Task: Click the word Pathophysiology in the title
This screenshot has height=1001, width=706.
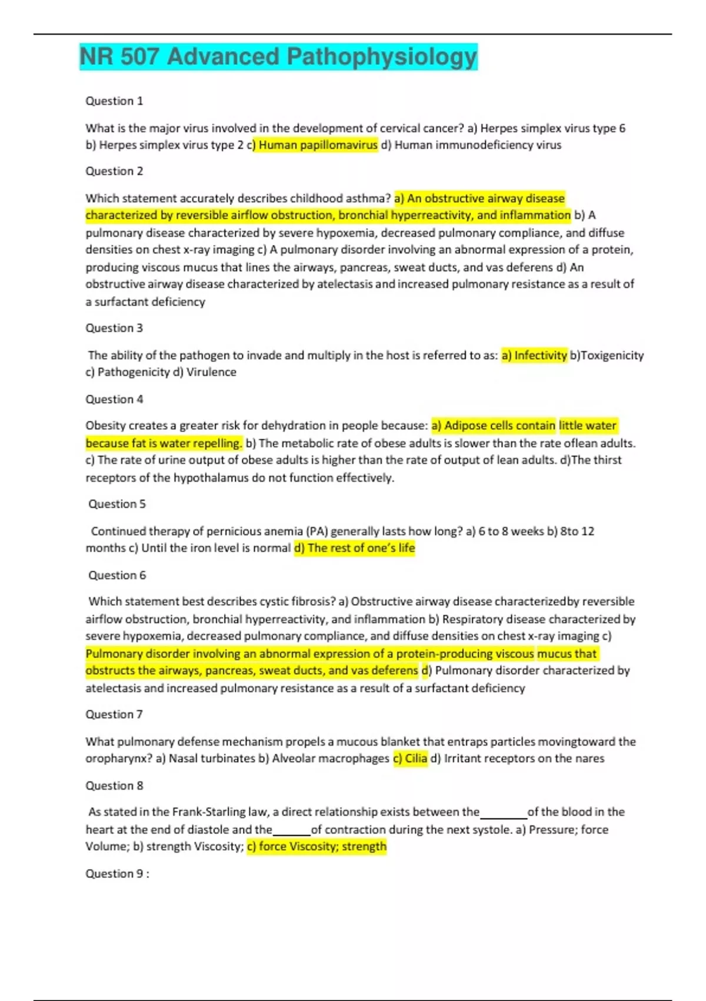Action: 381,57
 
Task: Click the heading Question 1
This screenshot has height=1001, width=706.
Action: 114,101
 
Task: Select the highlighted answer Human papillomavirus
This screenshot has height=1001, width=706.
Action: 318,145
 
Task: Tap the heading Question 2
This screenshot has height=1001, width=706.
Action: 114,171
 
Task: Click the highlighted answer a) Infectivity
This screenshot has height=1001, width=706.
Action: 534,355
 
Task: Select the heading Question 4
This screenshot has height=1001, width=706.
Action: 114,399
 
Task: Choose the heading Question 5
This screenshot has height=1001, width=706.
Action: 116,504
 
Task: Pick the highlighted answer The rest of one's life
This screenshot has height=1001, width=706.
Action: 355,548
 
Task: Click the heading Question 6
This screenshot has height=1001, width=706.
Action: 116,575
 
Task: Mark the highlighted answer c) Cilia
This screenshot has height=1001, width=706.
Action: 410,758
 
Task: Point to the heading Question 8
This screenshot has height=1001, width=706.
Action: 114,785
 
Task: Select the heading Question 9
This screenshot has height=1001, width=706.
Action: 116,873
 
